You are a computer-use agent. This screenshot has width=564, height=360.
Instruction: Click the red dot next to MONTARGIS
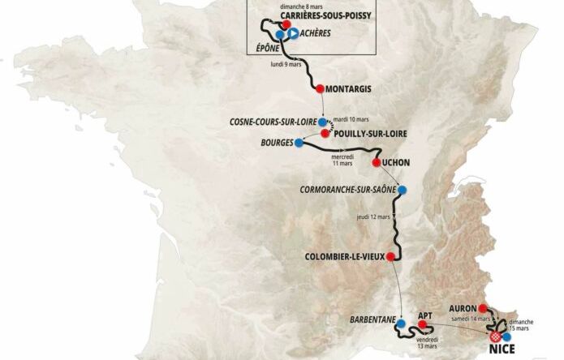pos(320,88)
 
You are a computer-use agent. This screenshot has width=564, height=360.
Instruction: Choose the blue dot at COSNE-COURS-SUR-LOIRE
pos(322,122)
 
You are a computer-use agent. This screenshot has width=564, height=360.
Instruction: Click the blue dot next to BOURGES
pos(299,143)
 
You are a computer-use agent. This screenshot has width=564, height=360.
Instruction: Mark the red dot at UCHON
pos(376,162)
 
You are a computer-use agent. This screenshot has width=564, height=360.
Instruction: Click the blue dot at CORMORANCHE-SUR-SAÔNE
pos(402,191)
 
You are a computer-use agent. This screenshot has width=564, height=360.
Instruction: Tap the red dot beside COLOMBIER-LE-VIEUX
pos(390,256)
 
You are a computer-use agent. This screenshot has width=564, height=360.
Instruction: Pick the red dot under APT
pos(422,326)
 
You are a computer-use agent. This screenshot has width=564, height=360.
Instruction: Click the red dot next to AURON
pos(483,308)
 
